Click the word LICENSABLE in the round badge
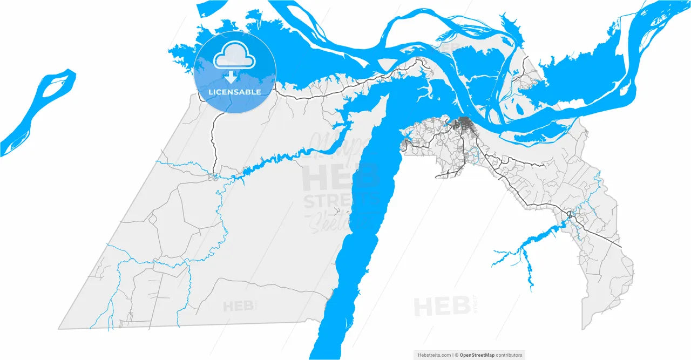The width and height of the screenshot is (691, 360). [x=235, y=92]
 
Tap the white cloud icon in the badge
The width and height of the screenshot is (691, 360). [x=235, y=58]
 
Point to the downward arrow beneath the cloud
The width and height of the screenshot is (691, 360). [x=235, y=77]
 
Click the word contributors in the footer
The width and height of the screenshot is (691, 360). [x=510, y=355]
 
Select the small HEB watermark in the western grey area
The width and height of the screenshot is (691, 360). [x=239, y=307]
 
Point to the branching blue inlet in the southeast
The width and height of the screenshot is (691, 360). [x=526, y=254]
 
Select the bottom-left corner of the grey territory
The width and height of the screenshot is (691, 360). [x=59, y=328]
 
